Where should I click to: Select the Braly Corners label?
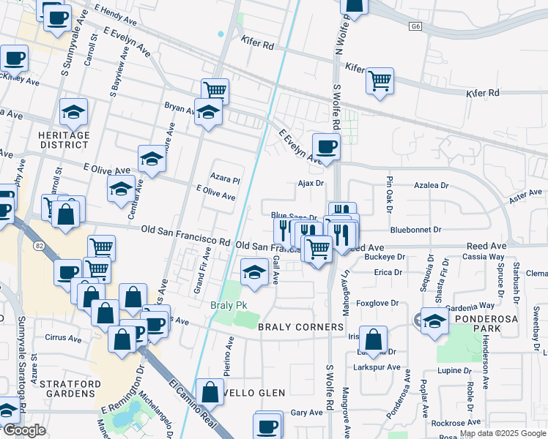pyautogui.click(x=301, y=327)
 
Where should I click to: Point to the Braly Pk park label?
pyautogui.click(x=226, y=305)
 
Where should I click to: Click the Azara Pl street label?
pyautogui.click(x=226, y=179)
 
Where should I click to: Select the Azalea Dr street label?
pyautogui.click(x=431, y=186)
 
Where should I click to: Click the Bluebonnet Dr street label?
pyautogui.click(x=415, y=230)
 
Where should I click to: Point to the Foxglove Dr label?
pyautogui.click(x=377, y=301)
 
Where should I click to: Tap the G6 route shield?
pyautogui.click(x=416, y=26)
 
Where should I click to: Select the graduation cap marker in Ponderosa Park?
pyautogui.click(x=434, y=320)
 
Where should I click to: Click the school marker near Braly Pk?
pyautogui.click(x=254, y=272)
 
